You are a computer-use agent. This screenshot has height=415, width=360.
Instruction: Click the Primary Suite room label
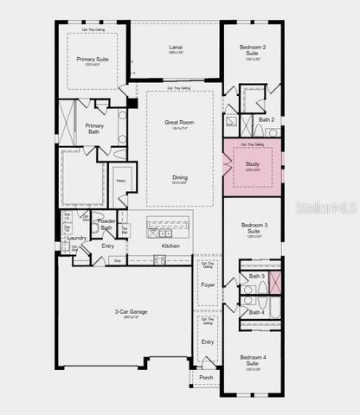(91, 60)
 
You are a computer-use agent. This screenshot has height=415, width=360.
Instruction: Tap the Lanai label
(176, 48)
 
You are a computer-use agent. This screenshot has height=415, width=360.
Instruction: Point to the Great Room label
(179, 123)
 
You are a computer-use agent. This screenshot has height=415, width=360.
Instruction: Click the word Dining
(179, 177)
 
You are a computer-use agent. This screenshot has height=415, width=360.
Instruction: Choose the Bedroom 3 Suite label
(253, 228)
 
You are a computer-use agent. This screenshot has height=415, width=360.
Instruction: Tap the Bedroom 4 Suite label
(252, 359)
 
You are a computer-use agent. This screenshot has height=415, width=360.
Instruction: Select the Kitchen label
(170, 246)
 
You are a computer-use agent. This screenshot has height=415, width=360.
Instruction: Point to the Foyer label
(208, 284)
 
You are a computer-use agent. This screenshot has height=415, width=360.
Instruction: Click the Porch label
(206, 377)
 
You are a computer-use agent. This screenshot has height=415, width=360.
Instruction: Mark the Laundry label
(76, 237)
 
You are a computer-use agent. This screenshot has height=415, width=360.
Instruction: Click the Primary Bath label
(94, 128)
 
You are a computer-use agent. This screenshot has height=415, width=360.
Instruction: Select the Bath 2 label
(267, 119)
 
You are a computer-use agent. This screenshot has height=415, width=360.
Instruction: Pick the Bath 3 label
(257, 277)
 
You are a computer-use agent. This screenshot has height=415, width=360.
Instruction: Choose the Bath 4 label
(257, 312)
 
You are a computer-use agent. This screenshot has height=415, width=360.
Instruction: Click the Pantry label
(121, 181)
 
